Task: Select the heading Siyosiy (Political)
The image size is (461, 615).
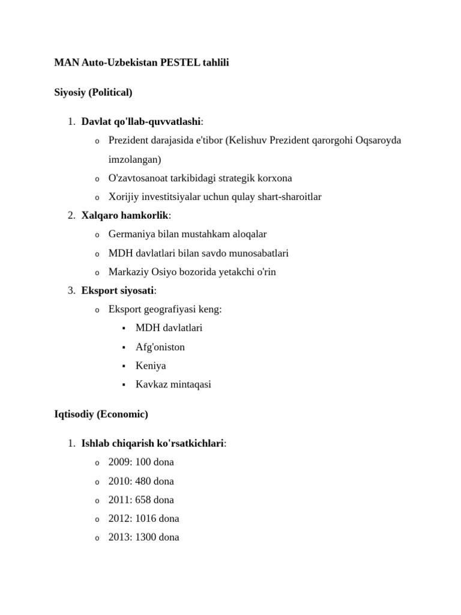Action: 93,92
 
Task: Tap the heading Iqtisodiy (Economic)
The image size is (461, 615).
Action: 101,414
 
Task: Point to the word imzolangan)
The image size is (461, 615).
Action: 135,160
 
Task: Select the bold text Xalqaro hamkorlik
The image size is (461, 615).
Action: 125,216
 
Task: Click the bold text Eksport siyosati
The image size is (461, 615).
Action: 118,291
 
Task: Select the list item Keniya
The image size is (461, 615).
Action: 151,366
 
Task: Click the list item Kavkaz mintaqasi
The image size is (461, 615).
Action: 173,384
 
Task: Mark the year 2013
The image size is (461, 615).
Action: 118,538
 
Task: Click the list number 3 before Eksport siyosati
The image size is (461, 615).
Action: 70,291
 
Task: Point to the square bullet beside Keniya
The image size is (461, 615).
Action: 123,366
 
